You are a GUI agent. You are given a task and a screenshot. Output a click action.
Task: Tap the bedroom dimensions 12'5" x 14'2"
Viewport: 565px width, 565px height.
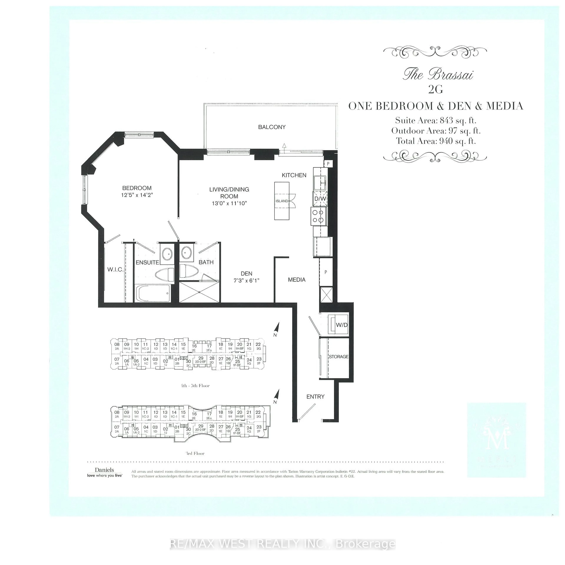(137, 195)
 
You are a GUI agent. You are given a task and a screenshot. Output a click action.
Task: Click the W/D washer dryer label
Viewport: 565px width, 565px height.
(341, 325)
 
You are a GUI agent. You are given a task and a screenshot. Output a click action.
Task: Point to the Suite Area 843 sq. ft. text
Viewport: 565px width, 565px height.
(435, 120)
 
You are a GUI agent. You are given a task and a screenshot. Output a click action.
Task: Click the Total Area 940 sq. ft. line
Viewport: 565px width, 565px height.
(436, 141)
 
